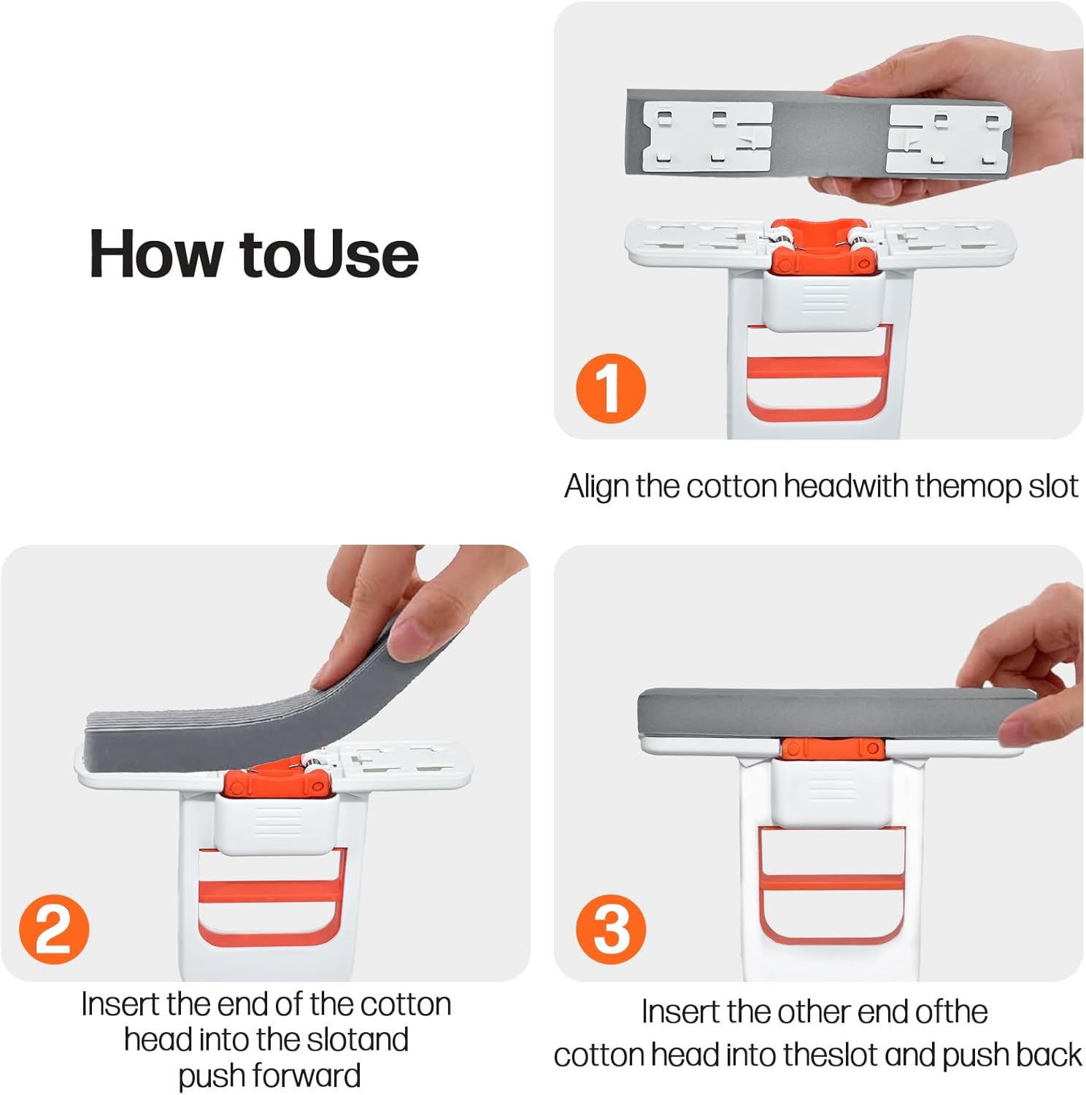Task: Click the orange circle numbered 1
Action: (x=610, y=388)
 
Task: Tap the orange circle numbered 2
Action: (x=54, y=929)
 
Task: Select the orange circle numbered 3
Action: (x=610, y=929)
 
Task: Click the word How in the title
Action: (x=155, y=254)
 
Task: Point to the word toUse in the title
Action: (x=329, y=254)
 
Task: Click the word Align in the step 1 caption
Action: (x=596, y=486)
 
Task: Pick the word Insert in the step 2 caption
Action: (x=120, y=1004)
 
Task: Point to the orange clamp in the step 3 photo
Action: (x=832, y=749)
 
